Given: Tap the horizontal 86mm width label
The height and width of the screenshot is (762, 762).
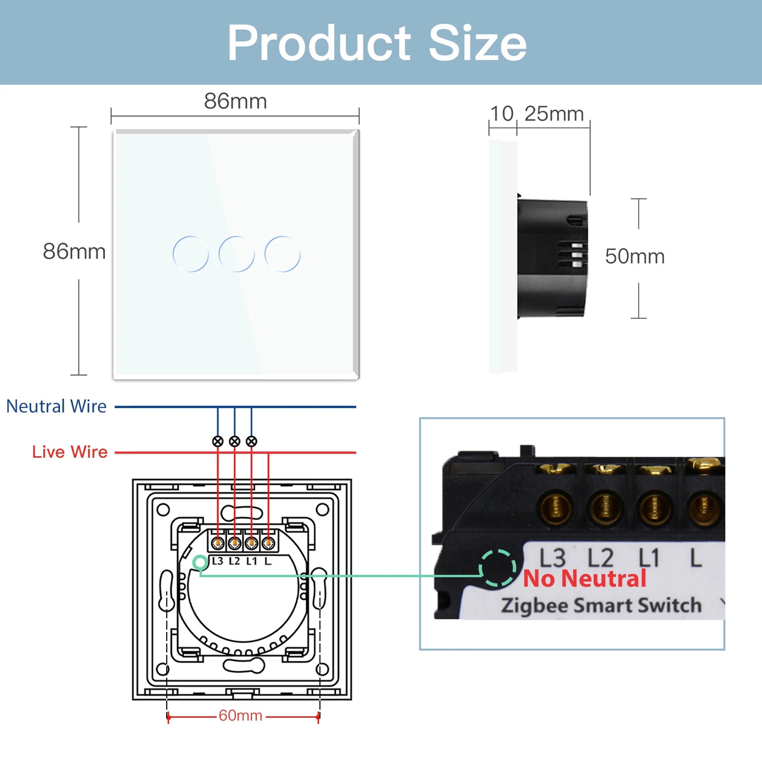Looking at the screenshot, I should pos(235,101).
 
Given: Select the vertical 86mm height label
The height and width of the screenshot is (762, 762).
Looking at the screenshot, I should pos(74,251).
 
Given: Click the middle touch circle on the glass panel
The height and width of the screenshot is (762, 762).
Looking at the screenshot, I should pos(236,254).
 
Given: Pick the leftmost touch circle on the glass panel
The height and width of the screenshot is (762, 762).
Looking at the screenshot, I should pos(190,254).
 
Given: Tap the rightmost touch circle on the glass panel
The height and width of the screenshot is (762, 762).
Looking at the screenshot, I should pos(282,254).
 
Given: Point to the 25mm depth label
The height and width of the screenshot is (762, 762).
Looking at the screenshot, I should pos(554,114).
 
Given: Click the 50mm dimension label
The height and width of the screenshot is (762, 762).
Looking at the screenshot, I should pos(634,256).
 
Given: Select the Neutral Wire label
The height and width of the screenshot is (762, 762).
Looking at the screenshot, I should pos(56,406).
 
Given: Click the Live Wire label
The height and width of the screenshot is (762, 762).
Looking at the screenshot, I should pos(70,451).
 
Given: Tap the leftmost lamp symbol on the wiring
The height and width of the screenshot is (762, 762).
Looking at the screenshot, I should pos(218,441).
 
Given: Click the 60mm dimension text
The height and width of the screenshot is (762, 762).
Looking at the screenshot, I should pos(241,715).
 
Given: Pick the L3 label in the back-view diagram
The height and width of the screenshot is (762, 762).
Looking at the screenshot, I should pos(217,561).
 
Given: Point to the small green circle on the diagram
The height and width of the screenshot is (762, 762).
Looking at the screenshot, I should pos(201,563).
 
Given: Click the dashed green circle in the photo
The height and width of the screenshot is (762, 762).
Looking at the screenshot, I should pos(497,568).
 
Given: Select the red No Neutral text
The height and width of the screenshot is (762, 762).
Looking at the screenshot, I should pos(584,579).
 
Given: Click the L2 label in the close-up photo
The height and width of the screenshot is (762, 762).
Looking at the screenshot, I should pos(600,558).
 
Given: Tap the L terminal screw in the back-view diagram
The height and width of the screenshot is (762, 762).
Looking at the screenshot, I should pos(268,542).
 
